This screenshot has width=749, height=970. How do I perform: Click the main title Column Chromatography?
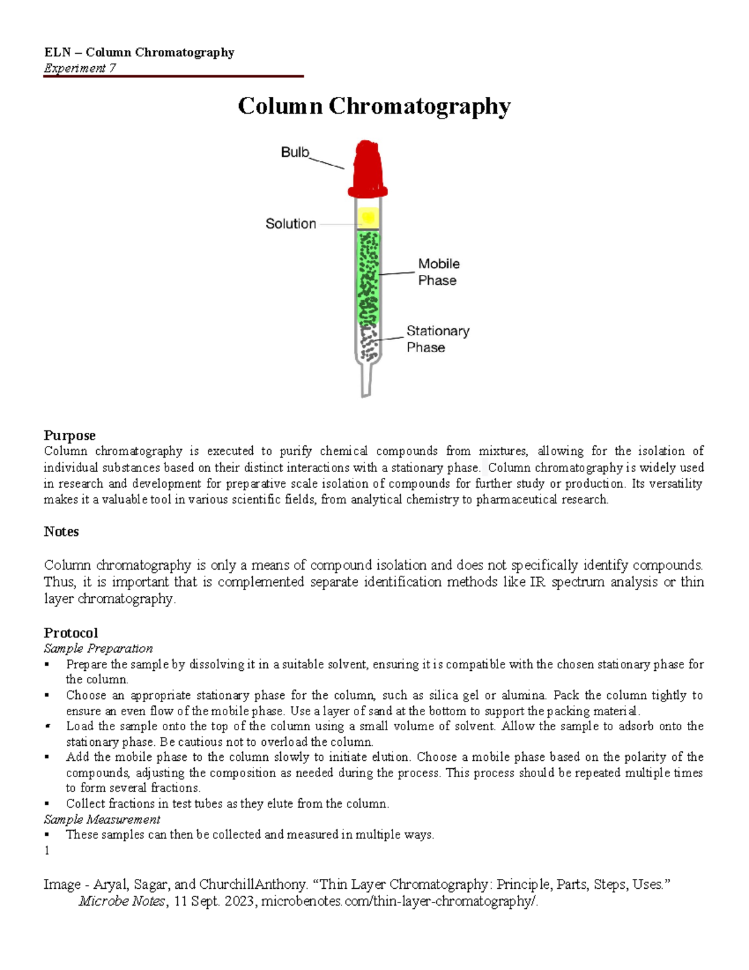374,106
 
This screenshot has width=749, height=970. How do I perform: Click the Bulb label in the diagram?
295,152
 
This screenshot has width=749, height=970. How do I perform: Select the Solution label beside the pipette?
291,224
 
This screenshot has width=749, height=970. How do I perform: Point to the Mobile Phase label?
438,272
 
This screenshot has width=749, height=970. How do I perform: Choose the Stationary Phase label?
438,339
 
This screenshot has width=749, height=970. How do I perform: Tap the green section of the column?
368,275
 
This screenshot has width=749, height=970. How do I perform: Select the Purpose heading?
69,435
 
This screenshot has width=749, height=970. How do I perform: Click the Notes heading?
61,532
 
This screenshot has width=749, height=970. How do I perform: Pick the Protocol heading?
71,633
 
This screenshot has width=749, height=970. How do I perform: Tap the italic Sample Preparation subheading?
98,648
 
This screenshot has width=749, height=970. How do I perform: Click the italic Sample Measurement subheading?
102,819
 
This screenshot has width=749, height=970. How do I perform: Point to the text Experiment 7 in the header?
79,68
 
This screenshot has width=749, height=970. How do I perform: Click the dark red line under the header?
173,76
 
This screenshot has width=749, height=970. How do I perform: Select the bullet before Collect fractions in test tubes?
47,804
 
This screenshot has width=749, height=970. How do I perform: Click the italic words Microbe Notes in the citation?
122,901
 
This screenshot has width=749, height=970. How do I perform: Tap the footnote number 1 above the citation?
47,850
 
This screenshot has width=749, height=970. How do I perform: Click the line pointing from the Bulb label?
326,163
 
